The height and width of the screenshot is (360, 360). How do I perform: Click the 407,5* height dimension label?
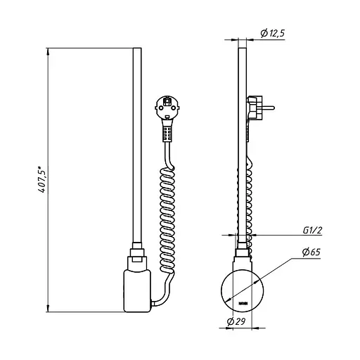coord(41,179)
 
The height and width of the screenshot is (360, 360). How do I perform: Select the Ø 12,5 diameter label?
coord(272,33)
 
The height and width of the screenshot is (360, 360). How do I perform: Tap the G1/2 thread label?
coord(312,231)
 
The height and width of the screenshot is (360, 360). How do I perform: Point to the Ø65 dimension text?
coord(311,252)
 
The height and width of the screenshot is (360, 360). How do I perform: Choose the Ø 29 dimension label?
coord(236,321)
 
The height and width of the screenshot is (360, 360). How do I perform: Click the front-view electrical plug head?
coord(167,108)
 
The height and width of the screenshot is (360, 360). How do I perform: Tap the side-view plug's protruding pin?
coord(269,108)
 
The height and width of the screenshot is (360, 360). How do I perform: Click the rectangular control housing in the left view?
coord(137,291)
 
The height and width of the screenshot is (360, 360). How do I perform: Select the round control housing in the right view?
coord(243,290)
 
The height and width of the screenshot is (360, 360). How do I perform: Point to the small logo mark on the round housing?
coord(243,304)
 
